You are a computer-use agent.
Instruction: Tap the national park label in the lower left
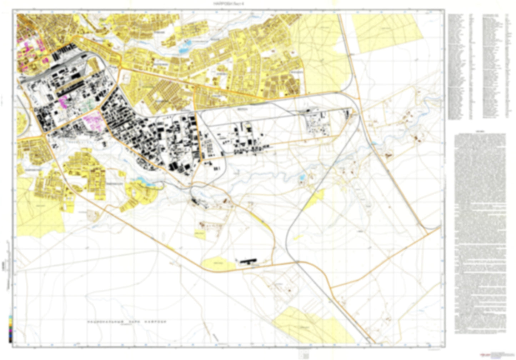[x=127, y=322]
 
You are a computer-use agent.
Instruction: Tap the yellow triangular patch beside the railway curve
[x=314, y=200]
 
